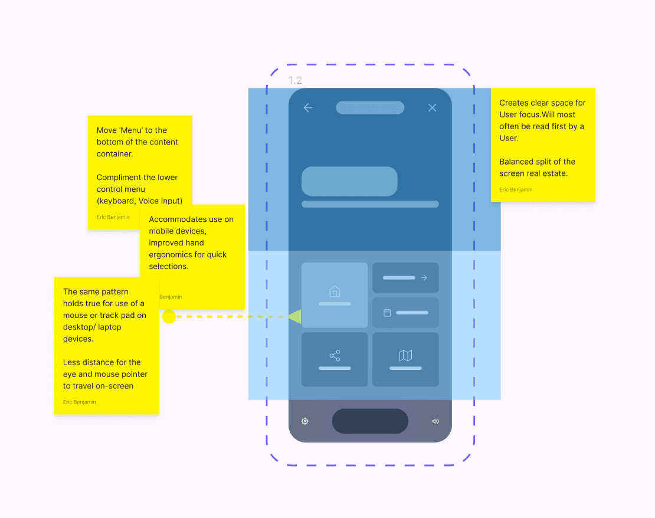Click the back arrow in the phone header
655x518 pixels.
tap(308, 107)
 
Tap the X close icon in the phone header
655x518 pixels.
tap(433, 107)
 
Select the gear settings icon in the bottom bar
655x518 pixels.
tap(305, 421)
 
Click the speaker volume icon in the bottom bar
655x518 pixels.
tap(435, 421)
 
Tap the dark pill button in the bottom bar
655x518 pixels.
tap(370, 421)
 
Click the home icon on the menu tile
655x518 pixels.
tap(335, 291)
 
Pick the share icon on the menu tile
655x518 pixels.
tap(335, 356)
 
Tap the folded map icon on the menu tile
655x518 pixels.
tap(405, 356)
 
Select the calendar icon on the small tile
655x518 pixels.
tap(388, 313)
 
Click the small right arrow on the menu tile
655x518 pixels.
tap(424, 277)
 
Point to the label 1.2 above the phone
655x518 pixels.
tap(295, 81)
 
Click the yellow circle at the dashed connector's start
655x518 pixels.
tap(169, 317)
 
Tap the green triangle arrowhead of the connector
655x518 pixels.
tap(295, 317)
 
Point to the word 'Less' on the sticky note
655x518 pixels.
tap(71, 362)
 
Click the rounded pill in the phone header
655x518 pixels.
tap(370, 107)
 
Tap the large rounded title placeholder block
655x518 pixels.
tap(349, 181)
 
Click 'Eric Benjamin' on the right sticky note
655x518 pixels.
tap(516, 190)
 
